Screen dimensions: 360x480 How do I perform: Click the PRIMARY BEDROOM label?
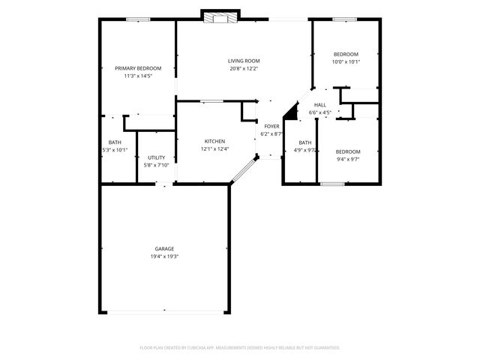coord(138,68)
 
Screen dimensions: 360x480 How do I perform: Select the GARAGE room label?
coord(165,249)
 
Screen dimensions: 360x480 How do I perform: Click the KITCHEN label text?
coord(214,141)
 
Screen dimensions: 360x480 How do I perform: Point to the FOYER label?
coord(271,127)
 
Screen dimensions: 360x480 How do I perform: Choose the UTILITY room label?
coord(155,157)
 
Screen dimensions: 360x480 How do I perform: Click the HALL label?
coord(320,105)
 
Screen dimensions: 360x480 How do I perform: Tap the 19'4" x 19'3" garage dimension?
coord(165,256)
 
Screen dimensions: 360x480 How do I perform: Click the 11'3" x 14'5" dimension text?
coord(138,76)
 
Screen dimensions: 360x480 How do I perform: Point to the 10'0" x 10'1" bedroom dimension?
coord(346,61)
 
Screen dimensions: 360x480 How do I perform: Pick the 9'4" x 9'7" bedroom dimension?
coord(348,159)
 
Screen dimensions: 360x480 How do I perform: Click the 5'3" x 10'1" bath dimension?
coord(115,150)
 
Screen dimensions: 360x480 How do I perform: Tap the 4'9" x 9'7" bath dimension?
coord(305,150)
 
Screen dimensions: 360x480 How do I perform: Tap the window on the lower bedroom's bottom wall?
coord(332,183)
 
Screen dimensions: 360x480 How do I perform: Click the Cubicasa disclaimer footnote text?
coord(240,347)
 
